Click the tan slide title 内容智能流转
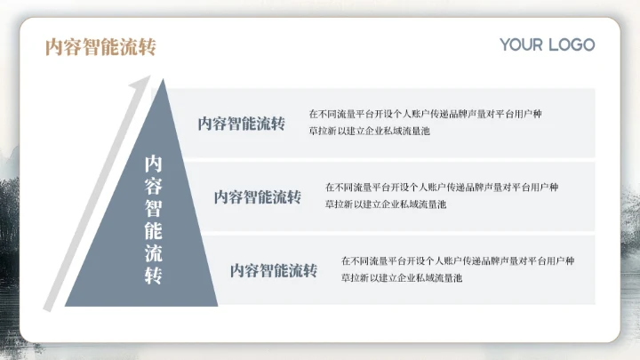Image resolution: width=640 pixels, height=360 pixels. (x=100, y=47)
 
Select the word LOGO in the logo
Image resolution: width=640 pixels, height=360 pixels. (x=571, y=44)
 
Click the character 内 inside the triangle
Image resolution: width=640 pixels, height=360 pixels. (x=154, y=164)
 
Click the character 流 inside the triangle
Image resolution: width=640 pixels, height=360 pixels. (x=154, y=252)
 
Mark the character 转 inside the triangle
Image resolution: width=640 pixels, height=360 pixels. (x=154, y=275)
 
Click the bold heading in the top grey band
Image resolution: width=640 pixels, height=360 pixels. (x=241, y=124)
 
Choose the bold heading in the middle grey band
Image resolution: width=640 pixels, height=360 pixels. (x=257, y=196)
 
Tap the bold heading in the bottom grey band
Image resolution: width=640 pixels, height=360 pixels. (x=273, y=270)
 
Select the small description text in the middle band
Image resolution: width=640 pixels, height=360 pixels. (x=441, y=196)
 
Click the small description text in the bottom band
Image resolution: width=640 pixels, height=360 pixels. (x=457, y=269)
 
